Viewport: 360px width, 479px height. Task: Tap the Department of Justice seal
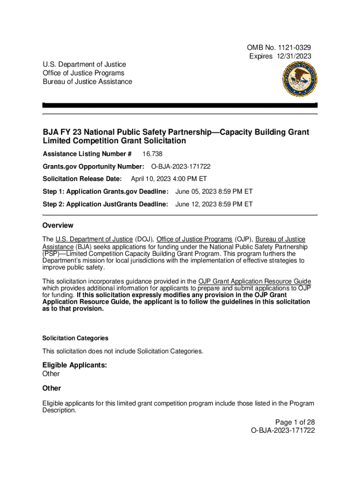299,80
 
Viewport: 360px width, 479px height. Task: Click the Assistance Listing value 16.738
152,154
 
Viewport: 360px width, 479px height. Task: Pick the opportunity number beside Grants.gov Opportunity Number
180,167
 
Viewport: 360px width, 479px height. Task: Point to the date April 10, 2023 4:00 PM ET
169,179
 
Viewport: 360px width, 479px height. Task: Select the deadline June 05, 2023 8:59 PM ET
214,191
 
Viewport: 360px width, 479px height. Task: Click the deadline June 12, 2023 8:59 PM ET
214,204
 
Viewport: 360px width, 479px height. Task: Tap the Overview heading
58,225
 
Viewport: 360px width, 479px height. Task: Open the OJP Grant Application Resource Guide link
254,281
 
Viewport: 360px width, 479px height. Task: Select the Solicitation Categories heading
75,338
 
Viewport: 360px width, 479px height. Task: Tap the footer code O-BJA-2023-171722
283,430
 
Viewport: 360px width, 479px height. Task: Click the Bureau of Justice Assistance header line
87,81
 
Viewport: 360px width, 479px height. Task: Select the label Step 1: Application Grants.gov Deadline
105,191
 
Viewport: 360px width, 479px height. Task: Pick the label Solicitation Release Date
82,179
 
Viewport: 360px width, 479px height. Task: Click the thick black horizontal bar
180,105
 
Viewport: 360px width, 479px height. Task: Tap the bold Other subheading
51,388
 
